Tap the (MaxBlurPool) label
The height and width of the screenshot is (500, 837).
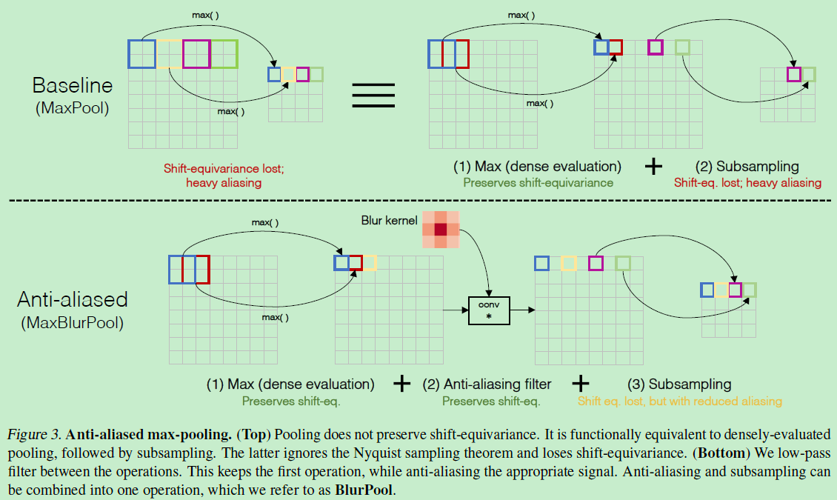coord(72,323)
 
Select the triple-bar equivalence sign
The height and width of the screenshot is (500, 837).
coord(373,94)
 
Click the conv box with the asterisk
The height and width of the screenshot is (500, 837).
coord(489,310)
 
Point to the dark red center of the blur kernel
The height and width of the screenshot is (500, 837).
coord(441,230)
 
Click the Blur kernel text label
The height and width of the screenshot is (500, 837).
coord(387,220)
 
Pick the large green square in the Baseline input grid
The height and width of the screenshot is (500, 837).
coord(224,54)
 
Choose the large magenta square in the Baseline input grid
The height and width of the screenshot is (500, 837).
coord(196,54)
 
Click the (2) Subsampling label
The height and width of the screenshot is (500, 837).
coord(747,167)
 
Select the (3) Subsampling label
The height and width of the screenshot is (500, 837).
coord(679,384)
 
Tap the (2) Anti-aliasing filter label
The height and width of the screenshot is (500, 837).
coord(487,384)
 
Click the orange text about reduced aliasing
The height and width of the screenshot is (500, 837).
coord(679,401)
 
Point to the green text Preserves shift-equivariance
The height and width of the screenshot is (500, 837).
coord(538,182)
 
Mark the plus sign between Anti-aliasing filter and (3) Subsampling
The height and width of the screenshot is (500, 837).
coord(581,383)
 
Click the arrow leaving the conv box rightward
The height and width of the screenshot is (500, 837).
coord(521,310)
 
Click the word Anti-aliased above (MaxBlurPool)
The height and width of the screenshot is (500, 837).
coord(72,299)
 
